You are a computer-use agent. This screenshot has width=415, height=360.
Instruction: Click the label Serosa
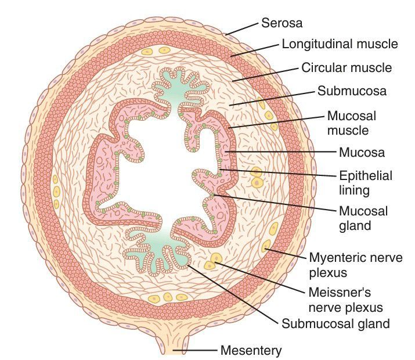[x=282, y=23]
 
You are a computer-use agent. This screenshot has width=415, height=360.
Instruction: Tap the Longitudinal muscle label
[x=340, y=44]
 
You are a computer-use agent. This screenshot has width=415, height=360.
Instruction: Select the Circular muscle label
[x=347, y=68]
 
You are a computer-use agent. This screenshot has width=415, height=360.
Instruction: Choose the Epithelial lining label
[x=366, y=182]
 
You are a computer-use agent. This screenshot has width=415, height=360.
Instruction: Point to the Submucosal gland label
[x=335, y=323]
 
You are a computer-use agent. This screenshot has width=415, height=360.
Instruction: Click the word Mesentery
[x=251, y=351]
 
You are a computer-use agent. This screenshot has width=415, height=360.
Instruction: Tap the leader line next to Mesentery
[x=200, y=350]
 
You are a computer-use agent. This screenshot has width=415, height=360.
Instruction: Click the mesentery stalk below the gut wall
[x=172, y=343]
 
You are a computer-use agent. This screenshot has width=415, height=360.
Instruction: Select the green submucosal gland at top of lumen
[x=172, y=93]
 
